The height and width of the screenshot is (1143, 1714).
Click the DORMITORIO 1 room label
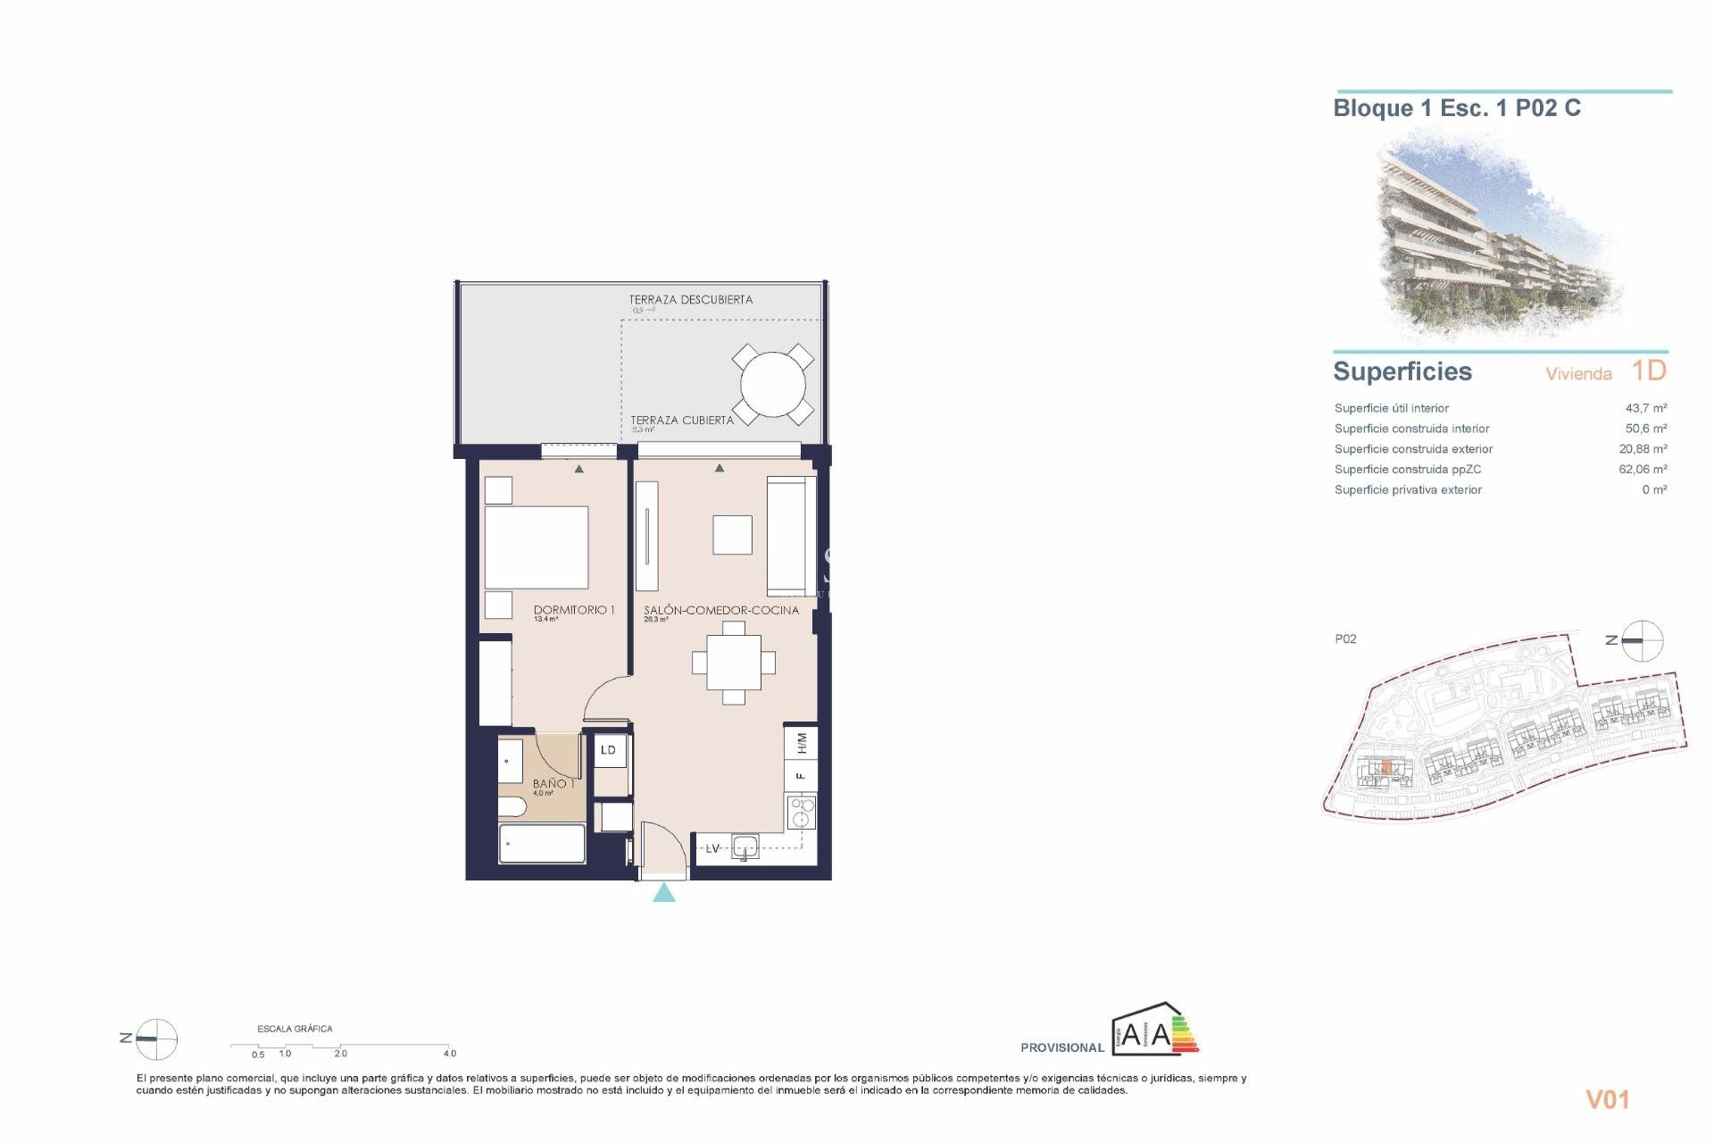[x=573, y=610]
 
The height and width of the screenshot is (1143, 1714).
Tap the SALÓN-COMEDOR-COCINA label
[x=721, y=610]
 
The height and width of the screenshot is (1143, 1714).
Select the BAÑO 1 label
[x=553, y=783]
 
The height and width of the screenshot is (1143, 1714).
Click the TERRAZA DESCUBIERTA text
[x=690, y=300]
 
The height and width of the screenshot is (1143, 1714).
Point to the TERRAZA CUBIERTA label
[x=682, y=420]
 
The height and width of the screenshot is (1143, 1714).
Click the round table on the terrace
[x=772, y=385]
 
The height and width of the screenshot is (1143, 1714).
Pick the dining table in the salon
[x=733, y=663]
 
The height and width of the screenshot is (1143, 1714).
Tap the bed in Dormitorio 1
[x=536, y=547]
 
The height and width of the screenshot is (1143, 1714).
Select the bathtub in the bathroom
[x=542, y=844]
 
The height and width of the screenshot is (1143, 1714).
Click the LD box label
[x=608, y=750]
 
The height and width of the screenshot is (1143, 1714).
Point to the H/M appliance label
[x=801, y=742]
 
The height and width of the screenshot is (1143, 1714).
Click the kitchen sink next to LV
[x=745, y=847]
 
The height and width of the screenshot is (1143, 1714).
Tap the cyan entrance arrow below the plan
[x=663, y=893]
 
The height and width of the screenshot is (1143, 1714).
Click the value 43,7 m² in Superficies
[x=1645, y=408]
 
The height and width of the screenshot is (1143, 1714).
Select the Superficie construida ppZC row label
[x=1407, y=470]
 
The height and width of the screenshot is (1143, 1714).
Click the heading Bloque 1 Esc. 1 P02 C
[x=1456, y=109]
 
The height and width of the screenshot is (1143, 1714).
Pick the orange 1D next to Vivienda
[x=1648, y=371]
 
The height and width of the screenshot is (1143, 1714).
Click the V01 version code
[x=1607, y=1100]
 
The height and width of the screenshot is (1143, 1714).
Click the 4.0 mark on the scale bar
[x=449, y=1054]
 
